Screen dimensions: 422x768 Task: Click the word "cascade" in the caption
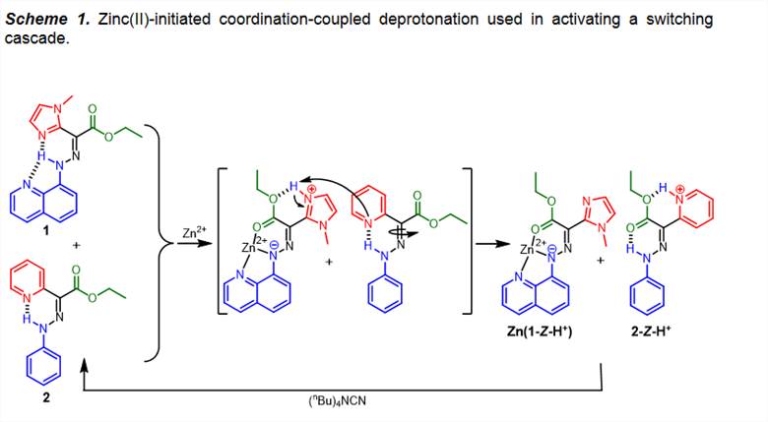pos(32,36)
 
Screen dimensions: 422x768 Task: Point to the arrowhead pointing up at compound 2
pos(88,364)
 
